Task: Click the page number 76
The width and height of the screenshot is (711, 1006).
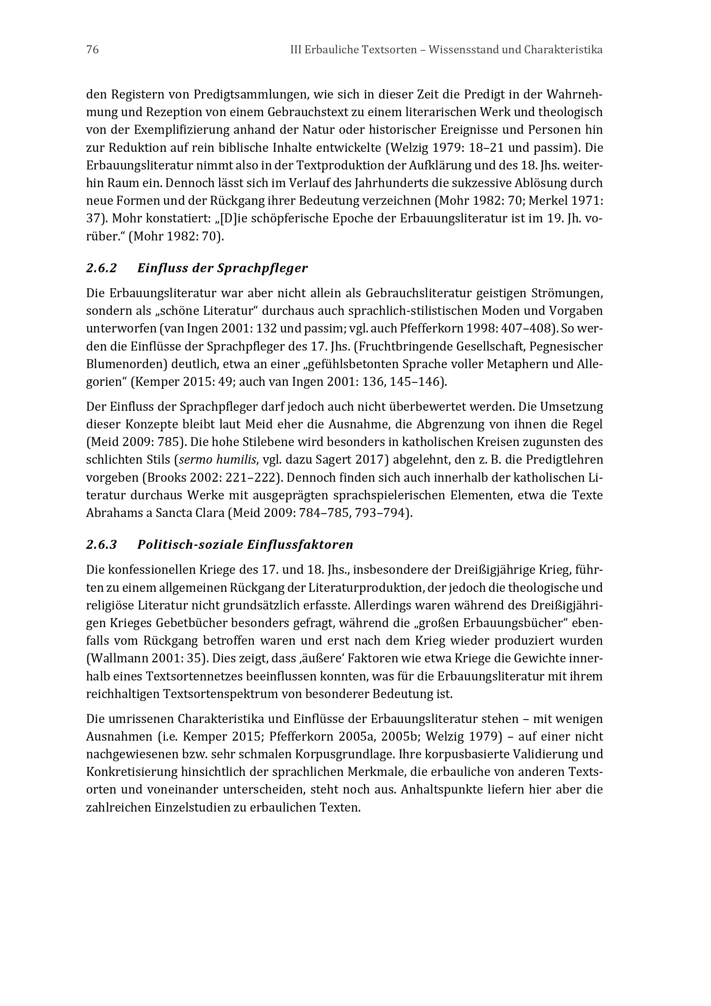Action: (x=92, y=50)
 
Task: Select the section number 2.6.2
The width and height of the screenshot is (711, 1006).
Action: (x=101, y=268)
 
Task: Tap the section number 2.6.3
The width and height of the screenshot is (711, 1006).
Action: (x=101, y=545)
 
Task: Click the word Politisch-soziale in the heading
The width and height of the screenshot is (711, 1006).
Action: (x=190, y=545)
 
